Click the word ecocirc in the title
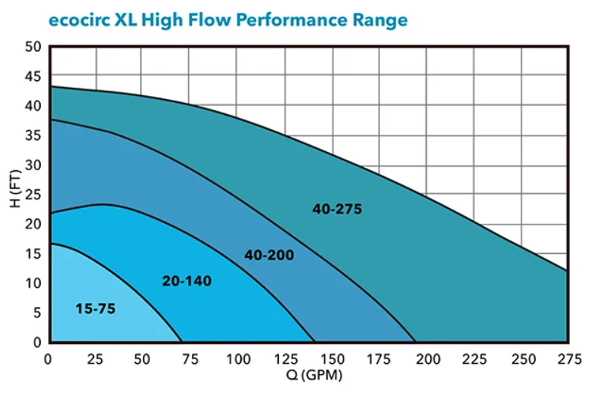pyautogui.click(x=79, y=20)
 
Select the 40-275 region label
pyautogui.click(x=337, y=209)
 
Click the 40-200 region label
pyautogui.click(x=269, y=255)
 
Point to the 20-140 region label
pyautogui.click(x=187, y=281)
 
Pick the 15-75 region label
pyautogui.click(x=95, y=309)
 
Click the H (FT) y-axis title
pyautogui.click(x=15, y=189)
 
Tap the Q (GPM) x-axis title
pyautogui.click(x=314, y=375)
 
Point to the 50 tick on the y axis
pyautogui.click(x=33, y=47)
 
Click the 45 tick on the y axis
pyautogui.click(x=33, y=76)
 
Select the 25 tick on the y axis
pyautogui.click(x=33, y=194)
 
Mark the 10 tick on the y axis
pyautogui.click(x=33, y=283)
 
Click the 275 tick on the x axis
pyautogui.click(x=569, y=359)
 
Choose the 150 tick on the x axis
pyautogui.click(x=333, y=359)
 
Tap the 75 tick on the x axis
pyautogui.click(x=190, y=359)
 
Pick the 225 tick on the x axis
pyautogui.click(x=475, y=359)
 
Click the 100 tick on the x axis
pyautogui.click(x=238, y=359)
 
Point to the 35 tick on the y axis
pyautogui.click(x=33, y=135)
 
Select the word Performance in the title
pyautogui.click(x=292, y=20)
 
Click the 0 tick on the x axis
pyautogui.click(x=48, y=359)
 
